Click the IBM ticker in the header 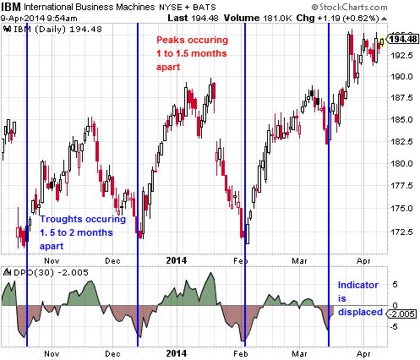[x=11, y=6]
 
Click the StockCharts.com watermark [x=349, y=7]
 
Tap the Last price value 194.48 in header [x=205, y=19]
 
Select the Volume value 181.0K [x=277, y=19]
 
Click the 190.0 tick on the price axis [x=401, y=76]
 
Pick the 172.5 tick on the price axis [x=401, y=232]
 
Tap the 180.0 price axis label [x=401, y=163]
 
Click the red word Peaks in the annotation [x=171, y=40]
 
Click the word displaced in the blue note [x=360, y=312]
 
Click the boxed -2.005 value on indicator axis [x=401, y=314]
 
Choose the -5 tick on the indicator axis [x=395, y=327]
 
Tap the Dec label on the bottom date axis [x=112, y=353]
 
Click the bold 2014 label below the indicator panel [x=177, y=353]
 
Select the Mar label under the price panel [x=299, y=261]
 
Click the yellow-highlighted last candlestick [x=382, y=42]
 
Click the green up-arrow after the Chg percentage [x=384, y=19]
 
